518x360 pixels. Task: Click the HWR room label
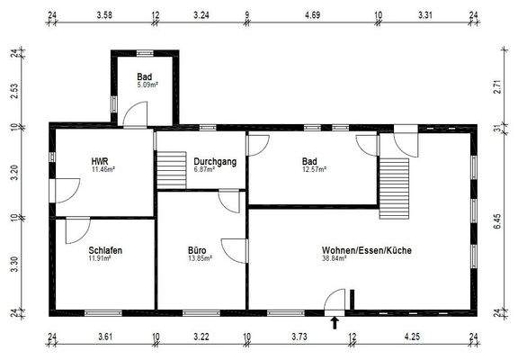point(99,161)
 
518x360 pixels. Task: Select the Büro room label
point(198,250)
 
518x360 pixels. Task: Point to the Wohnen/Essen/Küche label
point(367,250)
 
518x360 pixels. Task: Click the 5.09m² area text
point(147,85)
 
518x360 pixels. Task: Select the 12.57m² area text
point(314,168)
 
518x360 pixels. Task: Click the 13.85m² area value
point(200,258)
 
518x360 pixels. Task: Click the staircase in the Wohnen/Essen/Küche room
point(394,184)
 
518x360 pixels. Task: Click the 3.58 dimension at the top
point(103,15)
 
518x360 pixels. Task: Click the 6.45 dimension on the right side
point(497,220)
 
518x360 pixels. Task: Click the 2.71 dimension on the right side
point(497,89)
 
